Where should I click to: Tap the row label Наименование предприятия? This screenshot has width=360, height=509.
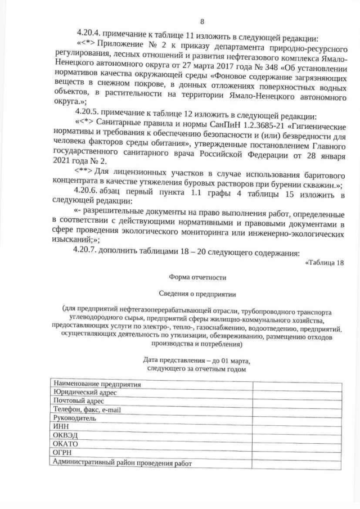click(96, 384)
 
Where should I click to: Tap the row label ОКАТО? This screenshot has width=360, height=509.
click(65, 443)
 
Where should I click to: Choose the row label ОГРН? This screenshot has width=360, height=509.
click(62, 452)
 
